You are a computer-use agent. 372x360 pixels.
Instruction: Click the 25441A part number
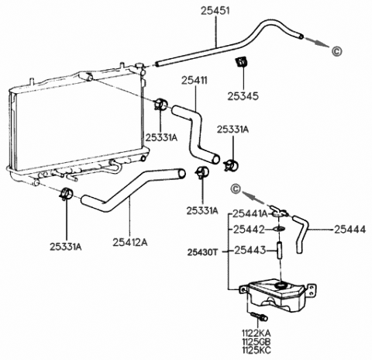[x=252, y=213]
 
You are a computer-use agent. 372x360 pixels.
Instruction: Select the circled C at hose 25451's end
[x=336, y=52]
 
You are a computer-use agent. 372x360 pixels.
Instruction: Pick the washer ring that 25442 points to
[x=281, y=230]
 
